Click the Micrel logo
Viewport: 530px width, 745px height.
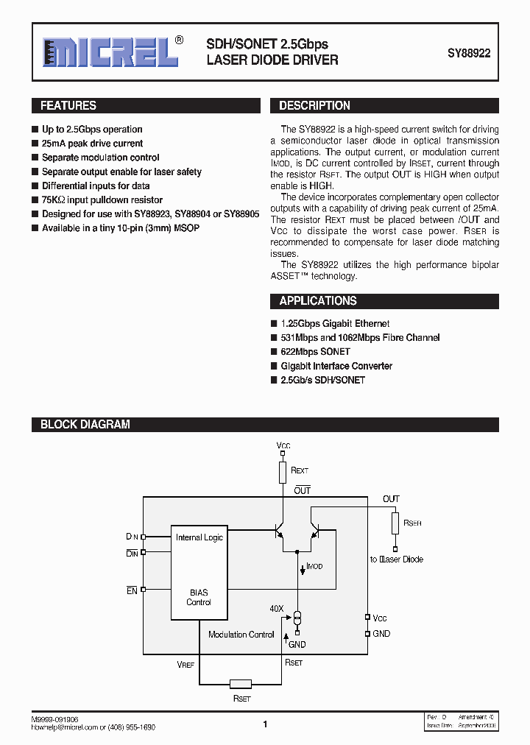(x=110, y=52)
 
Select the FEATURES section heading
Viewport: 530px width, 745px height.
(x=68, y=106)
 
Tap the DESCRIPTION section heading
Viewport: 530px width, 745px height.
(x=314, y=106)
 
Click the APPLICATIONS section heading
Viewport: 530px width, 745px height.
(x=318, y=301)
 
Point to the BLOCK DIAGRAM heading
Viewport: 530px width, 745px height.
(x=85, y=425)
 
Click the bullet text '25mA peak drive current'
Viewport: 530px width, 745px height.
(x=92, y=144)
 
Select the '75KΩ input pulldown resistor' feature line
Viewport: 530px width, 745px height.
(x=102, y=200)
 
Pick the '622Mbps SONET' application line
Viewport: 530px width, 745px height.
(x=315, y=352)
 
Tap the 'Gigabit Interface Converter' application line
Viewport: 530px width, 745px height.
(x=336, y=366)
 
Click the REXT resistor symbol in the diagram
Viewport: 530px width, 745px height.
(x=283, y=472)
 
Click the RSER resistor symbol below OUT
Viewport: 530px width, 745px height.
(x=395, y=524)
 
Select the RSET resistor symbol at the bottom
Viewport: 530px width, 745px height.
(x=241, y=683)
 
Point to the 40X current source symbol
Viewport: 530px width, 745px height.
(x=297, y=616)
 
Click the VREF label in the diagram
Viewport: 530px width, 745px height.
(x=186, y=664)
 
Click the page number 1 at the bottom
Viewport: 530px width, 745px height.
(x=265, y=724)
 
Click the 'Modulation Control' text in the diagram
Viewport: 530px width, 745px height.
(x=241, y=635)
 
